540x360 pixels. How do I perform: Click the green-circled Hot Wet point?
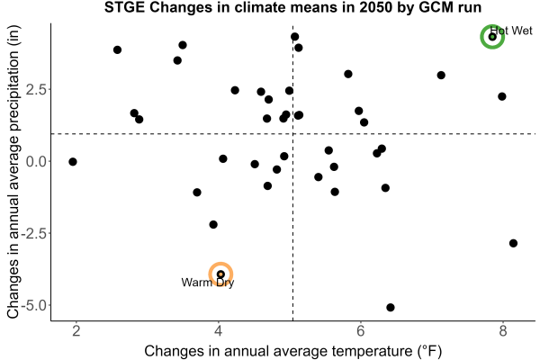pyautogui.click(x=492, y=37)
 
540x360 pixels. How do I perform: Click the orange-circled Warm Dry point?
pyautogui.click(x=220, y=274)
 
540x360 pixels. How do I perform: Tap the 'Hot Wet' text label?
pyautogui.click(x=511, y=31)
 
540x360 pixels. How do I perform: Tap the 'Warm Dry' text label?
pyautogui.click(x=208, y=283)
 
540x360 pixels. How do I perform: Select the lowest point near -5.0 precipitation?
pyautogui.click(x=391, y=307)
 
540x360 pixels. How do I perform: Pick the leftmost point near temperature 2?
pyautogui.click(x=73, y=162)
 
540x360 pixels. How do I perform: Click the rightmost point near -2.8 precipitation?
pyautogui.click(x=513, y=243)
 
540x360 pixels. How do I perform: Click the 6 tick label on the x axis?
pyautogui.click(x=361, y=331)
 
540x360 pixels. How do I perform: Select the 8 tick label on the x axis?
pyautogui.click(x=503, y=331)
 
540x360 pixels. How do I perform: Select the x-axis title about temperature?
pyautogui.click(x=292, y=351)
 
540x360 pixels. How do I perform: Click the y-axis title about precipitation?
pyautogui.click(x=13, y=172)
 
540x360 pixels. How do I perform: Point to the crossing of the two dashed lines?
pyautogui.click(x=292, y=134)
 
